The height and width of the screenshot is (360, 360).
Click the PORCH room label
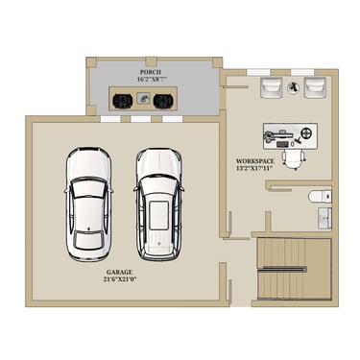(x=151, y=72)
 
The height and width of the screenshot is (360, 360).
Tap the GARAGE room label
(x=119, y=273)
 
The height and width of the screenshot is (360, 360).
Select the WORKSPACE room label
(x=255, y=161)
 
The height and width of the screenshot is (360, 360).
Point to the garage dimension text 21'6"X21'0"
(x=120, y=279)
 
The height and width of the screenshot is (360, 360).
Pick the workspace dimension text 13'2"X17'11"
(x=255, y=168)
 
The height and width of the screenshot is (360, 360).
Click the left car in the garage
(x=88, y=204)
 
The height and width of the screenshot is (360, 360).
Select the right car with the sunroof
(x=158, y=204)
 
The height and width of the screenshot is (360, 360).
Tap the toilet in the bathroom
(x=320, y=196)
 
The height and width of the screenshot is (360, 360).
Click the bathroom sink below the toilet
(x=324, y=218)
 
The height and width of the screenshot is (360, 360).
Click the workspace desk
(x=290, y=135)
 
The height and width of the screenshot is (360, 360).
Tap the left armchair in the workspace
(x=272, y=86)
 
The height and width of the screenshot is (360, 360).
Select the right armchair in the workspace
(x=315, y=86)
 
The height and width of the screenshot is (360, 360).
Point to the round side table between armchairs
(x=293, y=87)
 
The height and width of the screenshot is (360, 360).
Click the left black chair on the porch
(x=123, y=101)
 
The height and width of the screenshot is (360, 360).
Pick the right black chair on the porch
(x=163, y=101)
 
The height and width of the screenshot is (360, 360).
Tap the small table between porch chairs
(x=143, y=98)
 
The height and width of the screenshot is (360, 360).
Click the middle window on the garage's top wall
(x=141, y=119)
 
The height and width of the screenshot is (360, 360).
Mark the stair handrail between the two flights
(x=282, y=269)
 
